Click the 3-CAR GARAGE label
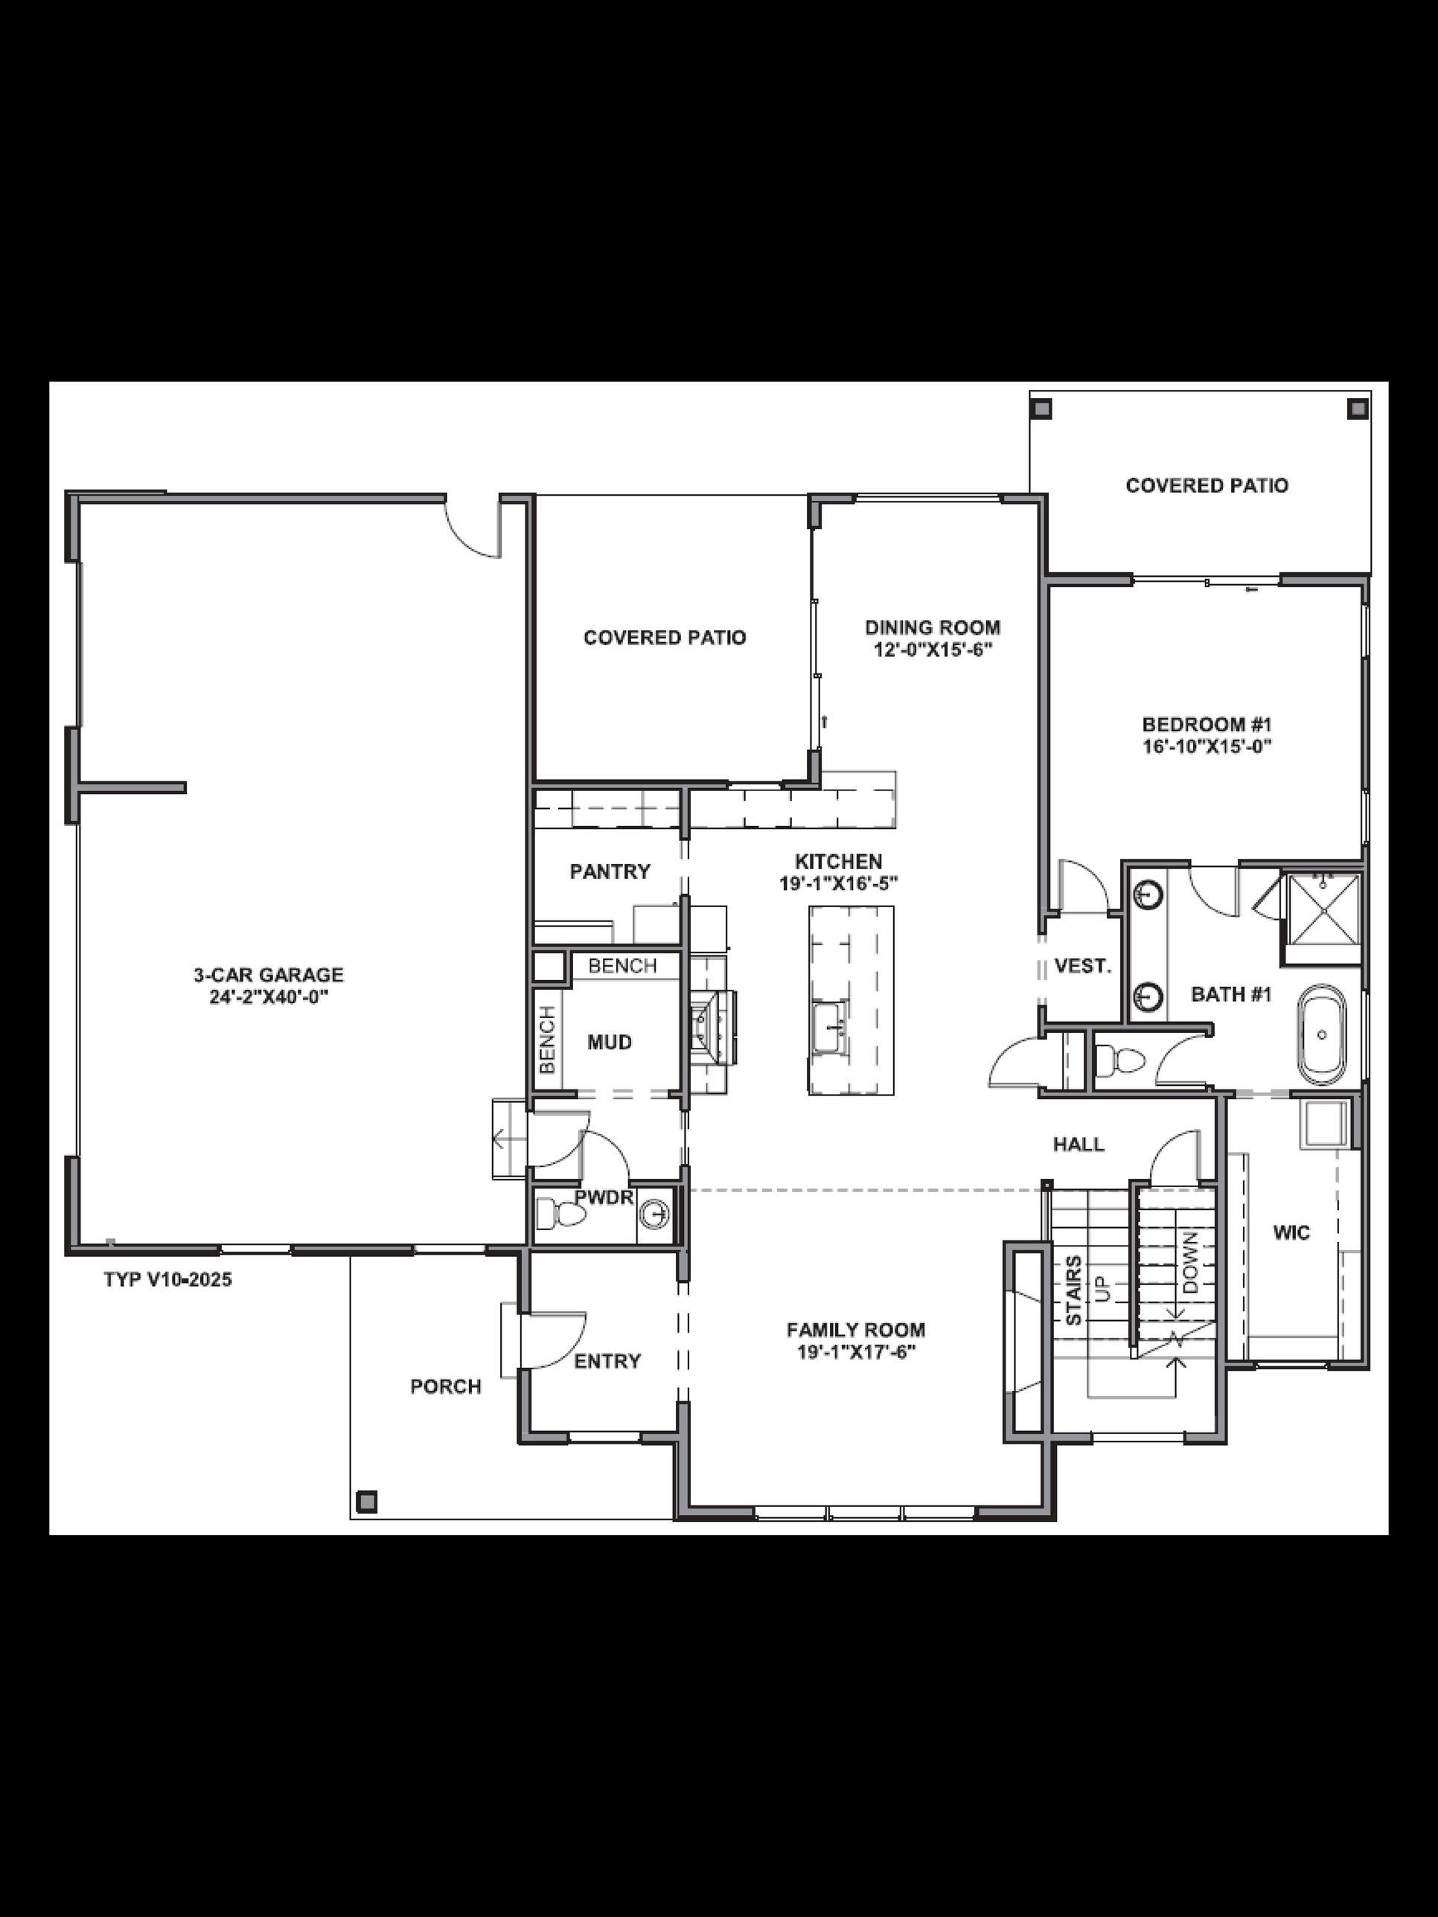click(268, 974)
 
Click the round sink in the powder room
click(654, 1213)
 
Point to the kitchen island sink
click(831, 1028)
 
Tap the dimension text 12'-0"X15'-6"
click(932, 649)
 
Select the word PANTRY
click(610, 871)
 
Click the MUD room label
click(610, 1042)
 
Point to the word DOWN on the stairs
click(1191, 1263)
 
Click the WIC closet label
click(1291, 1232)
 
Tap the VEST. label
click(1083, 965)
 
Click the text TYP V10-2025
click(167, 1279)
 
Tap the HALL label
click(1078, 1144)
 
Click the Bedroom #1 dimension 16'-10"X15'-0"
click(1207, 746)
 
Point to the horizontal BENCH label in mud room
click(621, 965)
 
